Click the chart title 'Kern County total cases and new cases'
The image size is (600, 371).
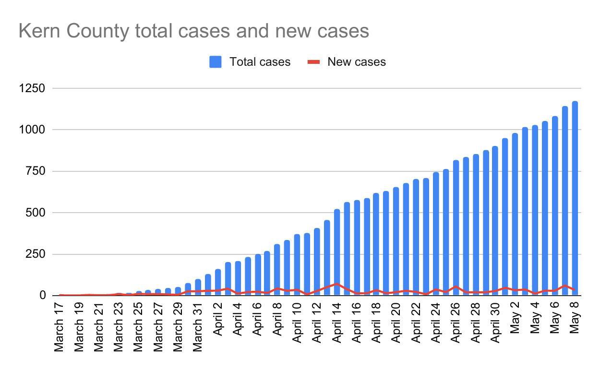pyautogui.click(x=193, y=31)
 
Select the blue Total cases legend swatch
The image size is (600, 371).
pyautogui.click(x=216, y=62)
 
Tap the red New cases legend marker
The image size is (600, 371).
pyautogui.click(x=313, y=62)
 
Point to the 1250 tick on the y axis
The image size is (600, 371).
pyautogui.click(x=32, y=89)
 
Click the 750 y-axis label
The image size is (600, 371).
pyautogui.click(x=36, y=171)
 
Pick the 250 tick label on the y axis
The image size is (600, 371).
pyautogui.click(x=36, y=254)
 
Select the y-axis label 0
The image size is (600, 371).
pyautogui.click(x=42, y=296)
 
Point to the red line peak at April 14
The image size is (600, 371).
pyautogui.click(x=337, y=284)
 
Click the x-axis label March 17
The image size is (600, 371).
pyautogui.click(x=60, y=327)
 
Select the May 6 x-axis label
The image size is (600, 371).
pyautogui.click(x=555, y=317)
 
